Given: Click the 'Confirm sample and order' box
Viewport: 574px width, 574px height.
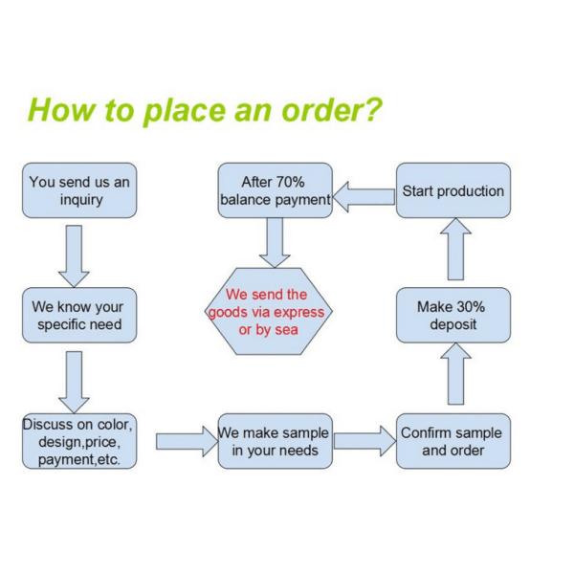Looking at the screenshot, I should (x=453, y=440).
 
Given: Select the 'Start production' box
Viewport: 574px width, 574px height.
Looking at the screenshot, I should (x=453, y=191).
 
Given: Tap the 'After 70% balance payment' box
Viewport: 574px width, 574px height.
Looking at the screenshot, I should (x=275, y=191).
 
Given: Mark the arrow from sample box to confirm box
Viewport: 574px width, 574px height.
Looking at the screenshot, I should (x=364, y=442).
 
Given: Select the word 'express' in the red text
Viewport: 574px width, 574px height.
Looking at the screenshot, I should (x=300, y=313).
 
